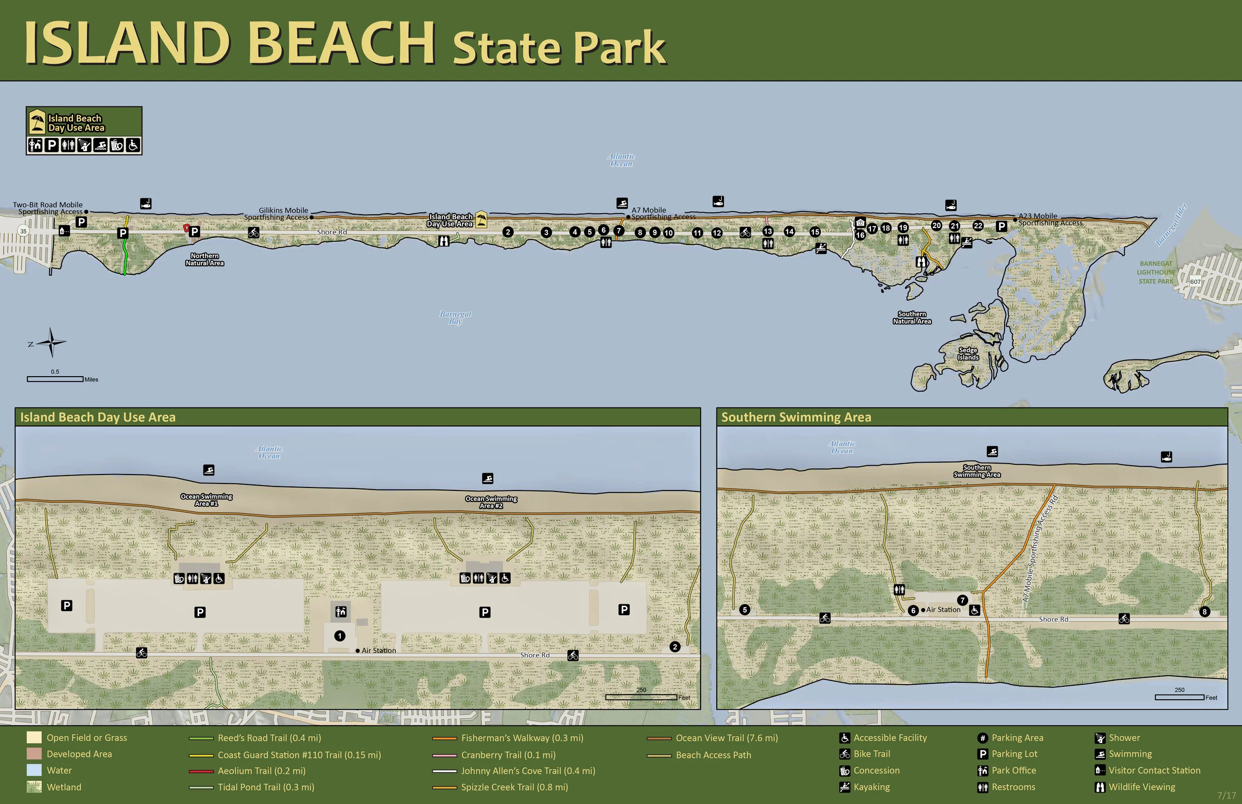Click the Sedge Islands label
tap(968, 354)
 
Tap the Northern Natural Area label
tap(205, 259)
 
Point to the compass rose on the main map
tap(51, 342)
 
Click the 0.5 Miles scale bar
tap(55, 379)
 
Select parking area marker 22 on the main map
tap(978, 226)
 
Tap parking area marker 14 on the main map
tap(789, 231)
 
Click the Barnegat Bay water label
tap(455, 318)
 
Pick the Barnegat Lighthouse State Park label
tap(1156, 272)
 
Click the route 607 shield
tap(1195, 282)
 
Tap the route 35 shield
tap(23, 231)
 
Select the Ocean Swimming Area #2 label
tap(491, 502)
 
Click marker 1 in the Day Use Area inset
tap(340, 636)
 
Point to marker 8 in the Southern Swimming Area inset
tap(1204, 612)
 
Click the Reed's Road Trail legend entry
tap(269, 738)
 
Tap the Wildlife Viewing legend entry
tap(1142, 787)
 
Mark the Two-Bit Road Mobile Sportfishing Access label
tap(48, 208)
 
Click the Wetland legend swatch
tap(34, 787)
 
